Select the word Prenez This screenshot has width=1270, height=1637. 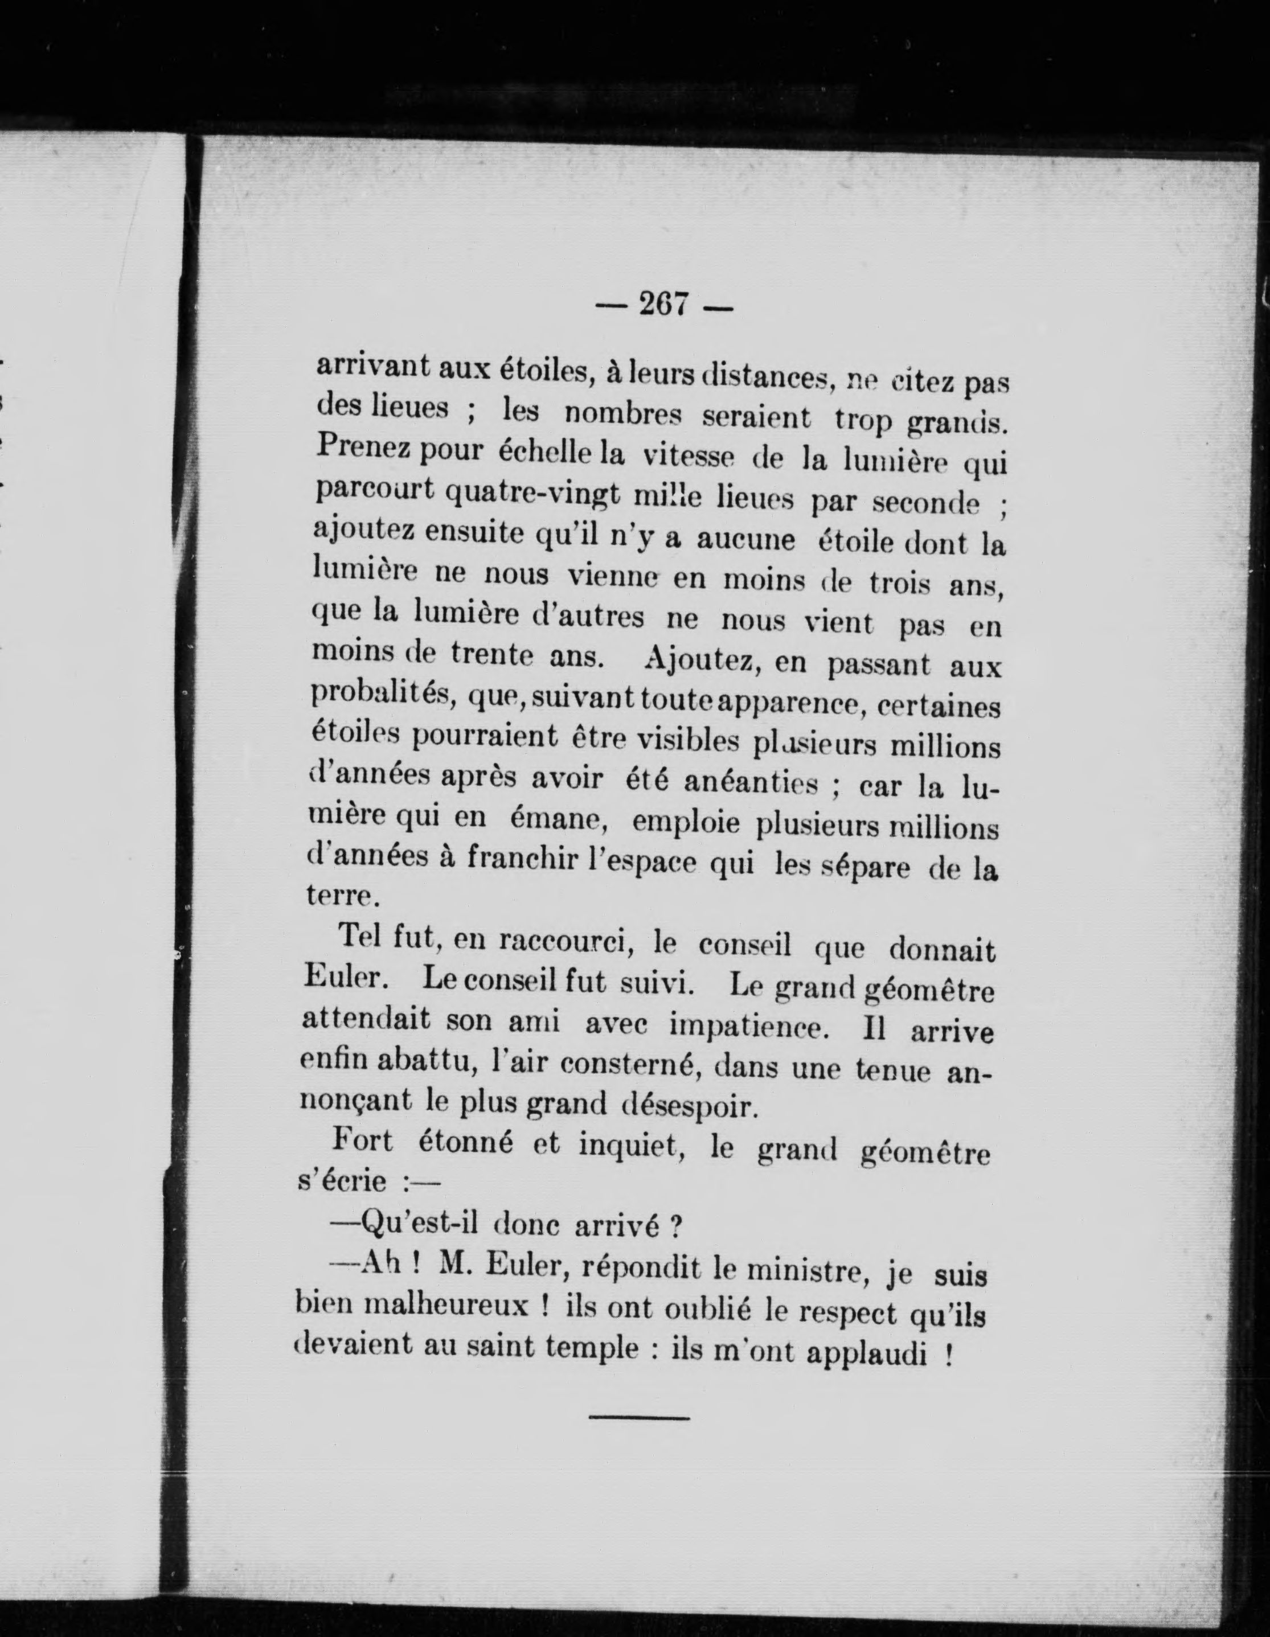[x=362, y=448]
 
